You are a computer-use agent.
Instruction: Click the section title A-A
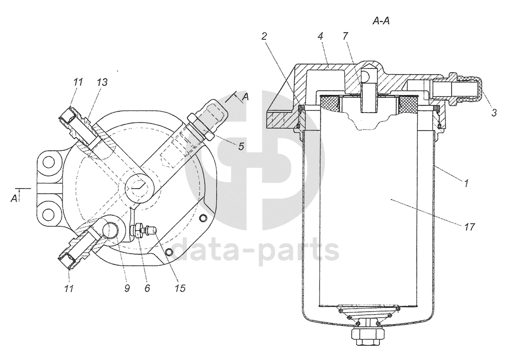click(381, 22)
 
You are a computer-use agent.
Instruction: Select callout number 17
click(469, 226)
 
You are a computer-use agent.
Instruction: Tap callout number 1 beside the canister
click(466, 183)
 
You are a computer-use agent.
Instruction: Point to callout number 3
click(494, 112)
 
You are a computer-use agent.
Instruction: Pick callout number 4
click(321, 36)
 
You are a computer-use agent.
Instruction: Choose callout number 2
click(264, 36)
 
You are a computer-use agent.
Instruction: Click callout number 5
click(241, 146)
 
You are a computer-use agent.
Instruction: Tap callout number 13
click(102, 82)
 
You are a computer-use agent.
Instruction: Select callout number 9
click(127, 288)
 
